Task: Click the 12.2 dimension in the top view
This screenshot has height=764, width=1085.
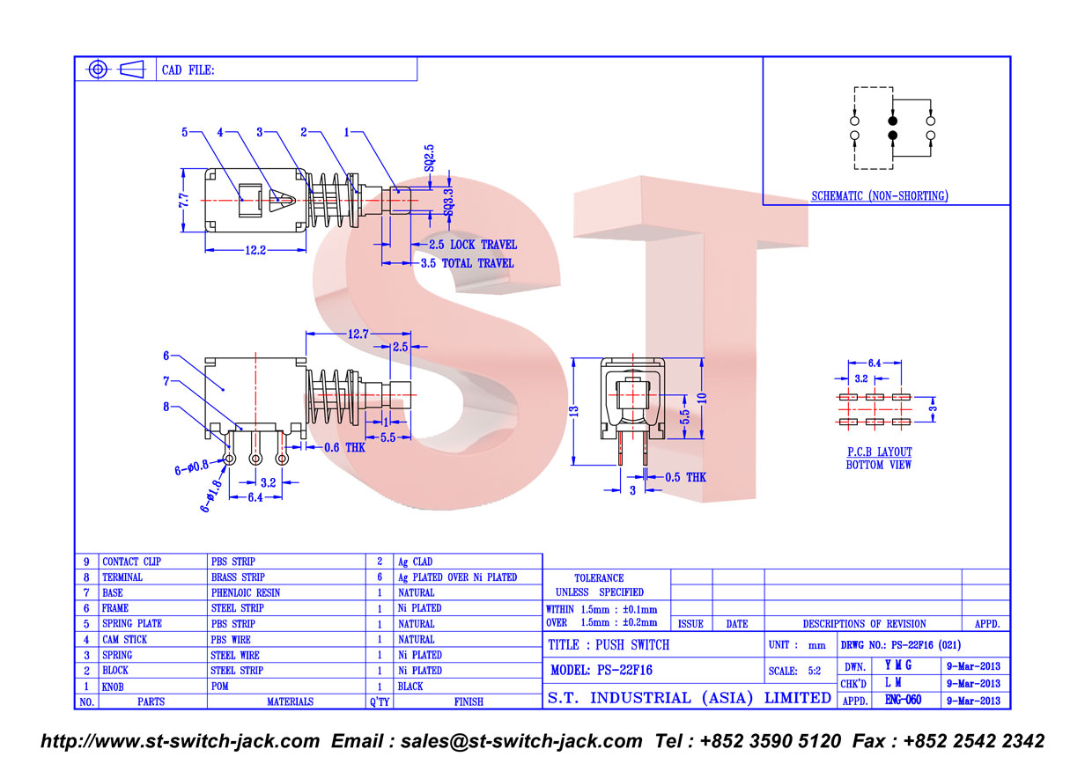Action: (255, 250)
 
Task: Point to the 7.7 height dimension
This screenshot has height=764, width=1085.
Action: (183, 201)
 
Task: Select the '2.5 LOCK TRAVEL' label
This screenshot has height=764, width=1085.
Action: (473, 245)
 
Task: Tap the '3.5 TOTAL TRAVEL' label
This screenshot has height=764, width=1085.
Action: (467, 263)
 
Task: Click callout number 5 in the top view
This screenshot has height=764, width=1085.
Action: (185, 132)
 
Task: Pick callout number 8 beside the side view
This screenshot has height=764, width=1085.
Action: (166, 407)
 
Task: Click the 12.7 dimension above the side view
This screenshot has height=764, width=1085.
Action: (358, 334)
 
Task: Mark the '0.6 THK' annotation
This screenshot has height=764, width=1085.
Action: (344, 447)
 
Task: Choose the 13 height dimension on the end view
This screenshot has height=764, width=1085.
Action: (574, 412)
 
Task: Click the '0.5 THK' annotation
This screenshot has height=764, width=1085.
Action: (685, 477)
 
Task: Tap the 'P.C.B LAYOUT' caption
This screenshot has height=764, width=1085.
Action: (880, 452)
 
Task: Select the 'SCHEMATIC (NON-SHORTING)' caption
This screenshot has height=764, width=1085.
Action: (880, 196)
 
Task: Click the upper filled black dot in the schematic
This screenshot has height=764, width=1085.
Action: (893, 121)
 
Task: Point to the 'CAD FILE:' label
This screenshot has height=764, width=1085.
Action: (188, 70)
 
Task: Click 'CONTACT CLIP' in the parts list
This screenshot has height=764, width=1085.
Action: (132, 562)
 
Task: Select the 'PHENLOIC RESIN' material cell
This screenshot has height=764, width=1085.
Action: (246, 592)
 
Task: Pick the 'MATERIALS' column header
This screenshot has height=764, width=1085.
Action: (290, 702)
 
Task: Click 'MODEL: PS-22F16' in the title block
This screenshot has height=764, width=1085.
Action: (602, 670)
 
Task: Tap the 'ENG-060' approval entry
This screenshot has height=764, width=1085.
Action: (903, 700)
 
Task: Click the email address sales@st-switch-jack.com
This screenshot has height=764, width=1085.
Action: (521, 741)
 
